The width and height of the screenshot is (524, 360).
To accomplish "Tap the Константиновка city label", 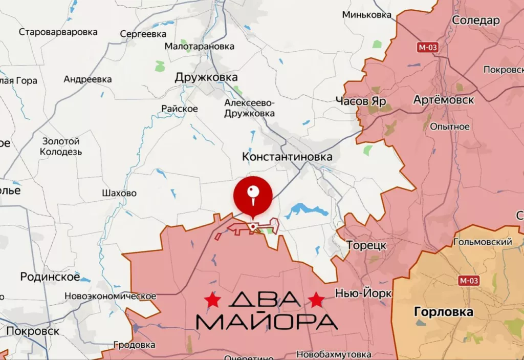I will pyautogui.click(x=287, y=157).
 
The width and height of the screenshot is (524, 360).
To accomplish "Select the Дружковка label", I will pyautogui.click(x=206, y=77).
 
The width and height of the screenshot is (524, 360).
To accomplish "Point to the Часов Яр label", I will pyautogui.click(x=361, y=101).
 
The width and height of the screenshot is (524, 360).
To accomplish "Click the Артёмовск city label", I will pyautogui.click(x=444, y=100).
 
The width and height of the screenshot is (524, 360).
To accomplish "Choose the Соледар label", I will pyautogui.click(x=476, y=20).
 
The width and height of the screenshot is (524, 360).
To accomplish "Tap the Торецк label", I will pyautogui.click(x=366, y=245).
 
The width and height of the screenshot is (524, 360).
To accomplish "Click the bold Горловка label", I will pyautogui.click(x=443, y=312).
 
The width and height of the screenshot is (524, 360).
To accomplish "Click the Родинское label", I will pyautogui.click(x=50, y=277).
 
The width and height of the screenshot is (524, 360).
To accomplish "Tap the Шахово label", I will pyautogui.click(x=119, y=193).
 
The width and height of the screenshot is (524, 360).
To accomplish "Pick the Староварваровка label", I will pyautogui.click(x=58, y=32).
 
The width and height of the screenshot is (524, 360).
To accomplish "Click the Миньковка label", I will pyautogui.click(x=367, y=14).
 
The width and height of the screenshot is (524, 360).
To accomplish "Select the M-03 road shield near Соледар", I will pyautogui.click(x=427, y=48).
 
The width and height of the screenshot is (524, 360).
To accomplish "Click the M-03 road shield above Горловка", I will pyautogui.click(x=469, y=280).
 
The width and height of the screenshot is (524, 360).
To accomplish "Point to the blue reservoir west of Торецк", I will pyautogui.click(x=304, y=210).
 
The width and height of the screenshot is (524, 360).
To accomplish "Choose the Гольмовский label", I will pyautogui.click(x=483, y=242).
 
